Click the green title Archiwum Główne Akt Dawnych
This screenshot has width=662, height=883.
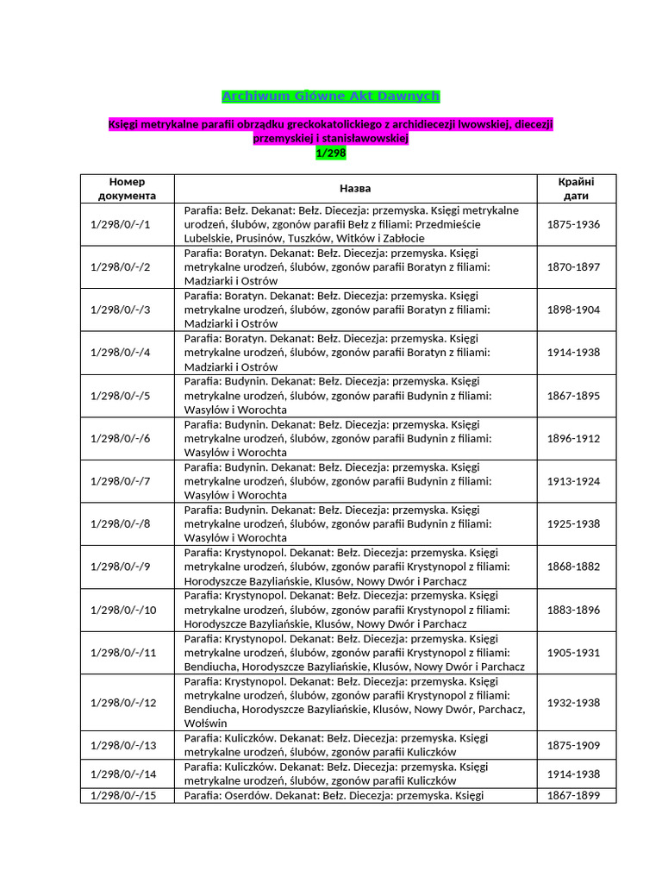(x=331, y=96)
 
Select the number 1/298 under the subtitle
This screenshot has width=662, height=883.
(x=331, y=153)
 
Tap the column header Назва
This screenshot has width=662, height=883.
(x=355, y=189)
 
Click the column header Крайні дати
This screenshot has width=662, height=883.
(x=576, y=189)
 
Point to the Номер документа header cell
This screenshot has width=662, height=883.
(x=128, y=189)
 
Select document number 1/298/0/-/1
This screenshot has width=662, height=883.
(x=120, y=224)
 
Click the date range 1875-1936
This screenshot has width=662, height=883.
(x=574, y=224)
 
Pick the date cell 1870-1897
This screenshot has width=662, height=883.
(x=574, y=267)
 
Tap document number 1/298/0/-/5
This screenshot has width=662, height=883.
(x=120, y=396)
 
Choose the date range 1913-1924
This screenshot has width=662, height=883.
(x=574, y=481)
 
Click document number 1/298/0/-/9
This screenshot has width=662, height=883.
(x=120, y=567)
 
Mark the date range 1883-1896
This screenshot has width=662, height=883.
(x=574, y=610)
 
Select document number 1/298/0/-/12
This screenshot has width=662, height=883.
(x=123, y=703)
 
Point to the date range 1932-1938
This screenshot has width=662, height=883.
(x=574, y=703)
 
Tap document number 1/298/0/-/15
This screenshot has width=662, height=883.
(x=123, y=795)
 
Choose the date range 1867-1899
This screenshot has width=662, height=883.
(x=574, y=795)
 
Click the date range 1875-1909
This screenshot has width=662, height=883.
(x=574, y=745)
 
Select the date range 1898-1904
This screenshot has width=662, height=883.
(x=574, y=310)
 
